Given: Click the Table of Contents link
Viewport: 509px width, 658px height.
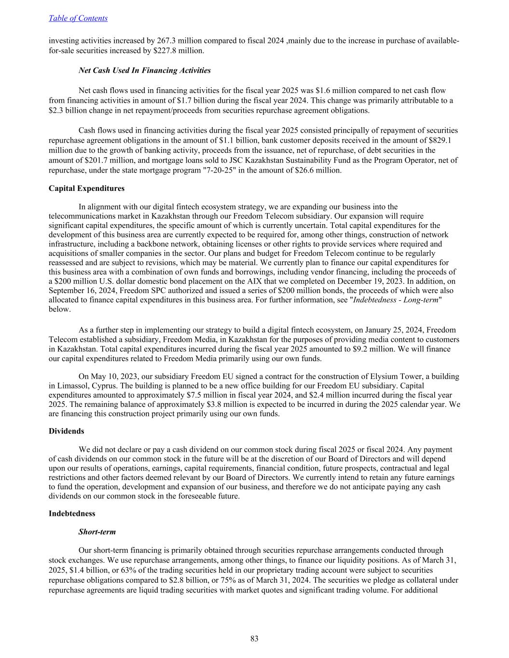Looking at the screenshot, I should [78, 18].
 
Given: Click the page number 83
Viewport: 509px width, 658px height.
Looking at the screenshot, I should [254, 639].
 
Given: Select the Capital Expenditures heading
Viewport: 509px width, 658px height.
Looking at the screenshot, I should [86, 188].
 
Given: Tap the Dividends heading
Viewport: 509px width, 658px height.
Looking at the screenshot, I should [66, 431].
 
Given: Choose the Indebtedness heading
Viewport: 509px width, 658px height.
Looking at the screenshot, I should [72, 513].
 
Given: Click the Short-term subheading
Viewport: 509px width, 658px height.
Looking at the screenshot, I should [97, 532].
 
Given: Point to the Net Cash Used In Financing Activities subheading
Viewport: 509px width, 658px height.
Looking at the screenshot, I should [144, 70].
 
